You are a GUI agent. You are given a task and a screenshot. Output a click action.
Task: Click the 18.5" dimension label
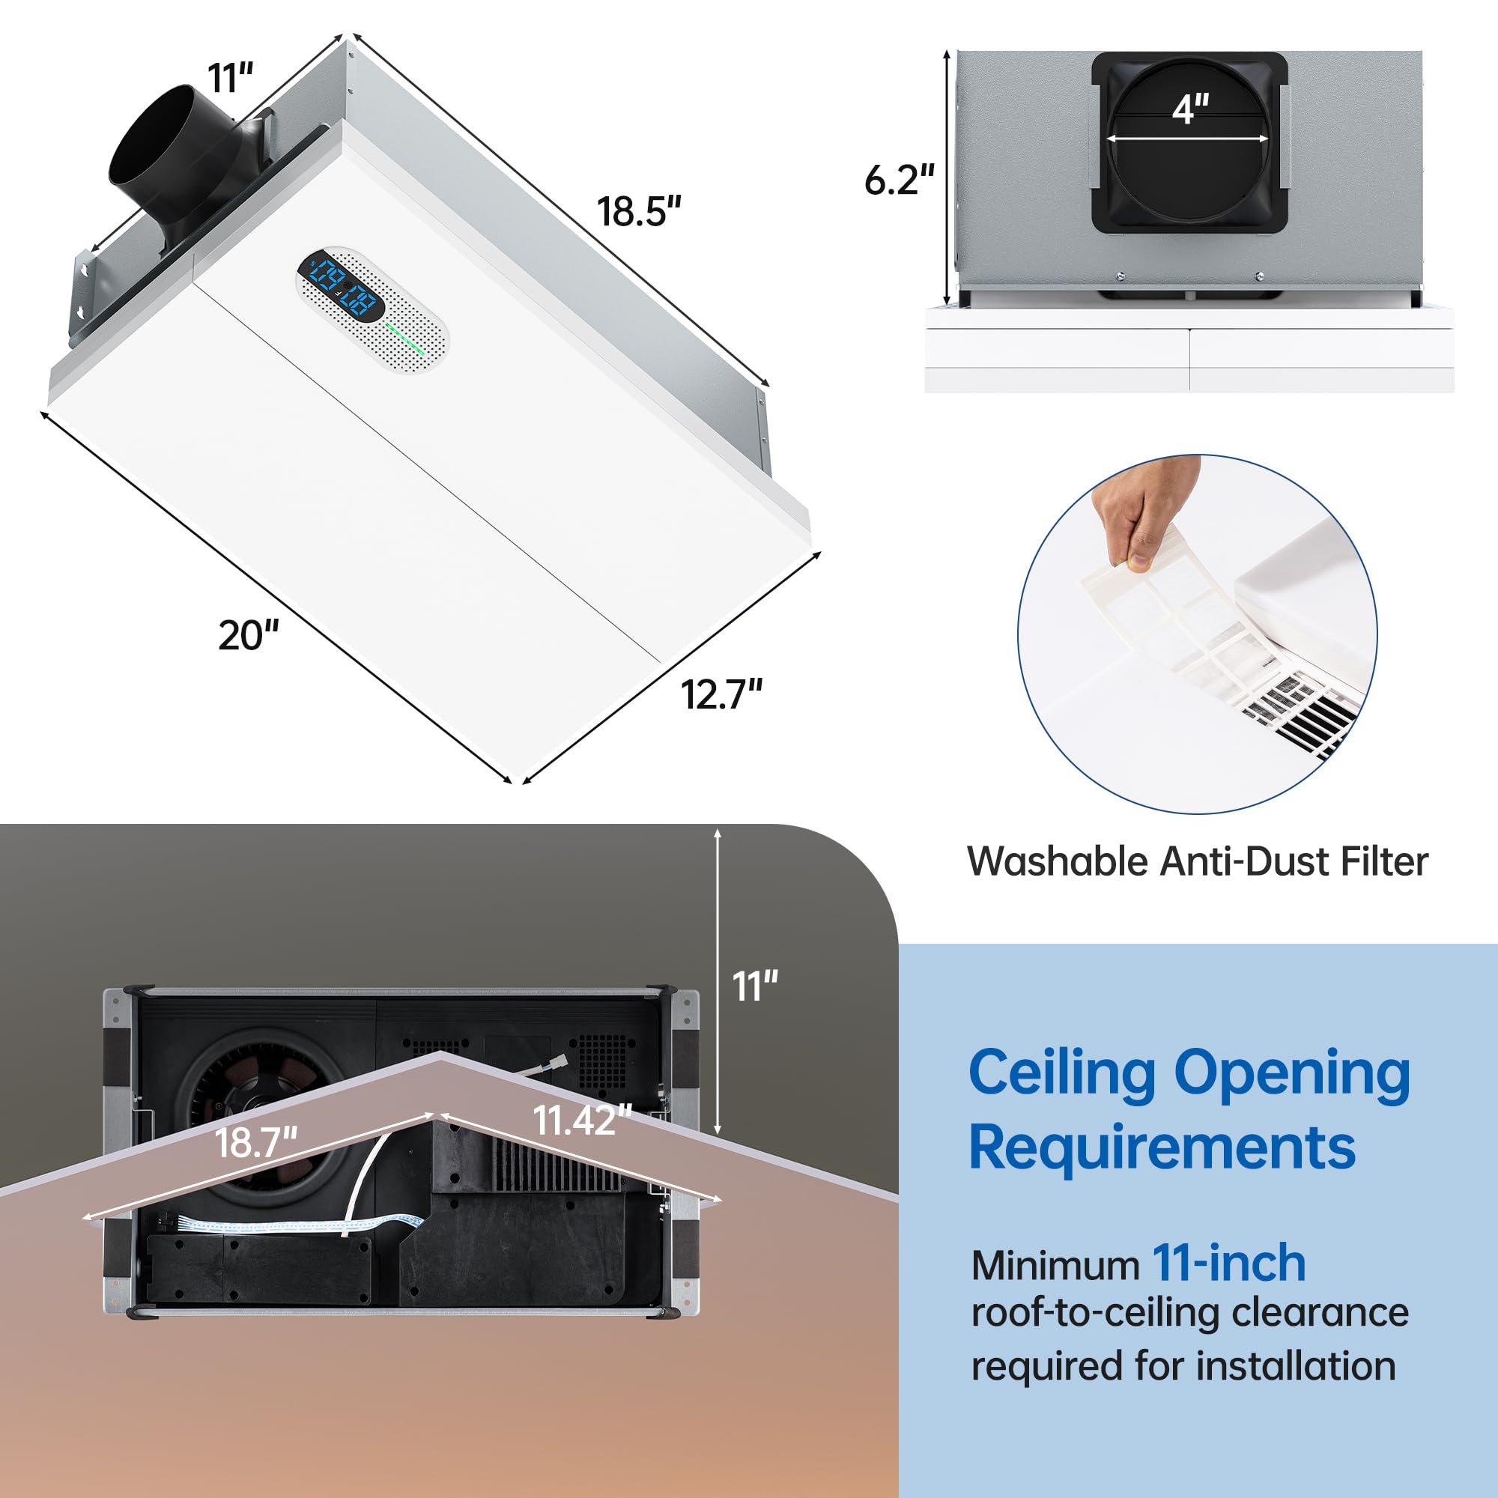pos(638,212)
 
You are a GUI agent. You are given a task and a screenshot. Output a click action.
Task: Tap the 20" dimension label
pos(248,636)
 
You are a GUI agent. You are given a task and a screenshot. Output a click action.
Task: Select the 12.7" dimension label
pos(721,695)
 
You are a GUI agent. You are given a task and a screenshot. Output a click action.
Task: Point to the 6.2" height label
pos(900,180)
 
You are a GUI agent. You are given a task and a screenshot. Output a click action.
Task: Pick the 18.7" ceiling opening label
pos(256,1143)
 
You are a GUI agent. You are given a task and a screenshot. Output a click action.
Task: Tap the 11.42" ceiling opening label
pos(582,1120)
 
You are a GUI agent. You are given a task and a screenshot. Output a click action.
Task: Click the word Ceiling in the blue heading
pos(1061,1074)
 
